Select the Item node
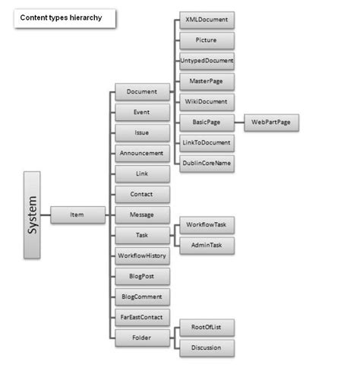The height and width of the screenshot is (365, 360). click(x=77, y=215)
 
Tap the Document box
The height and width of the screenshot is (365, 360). click(x=142, y=91)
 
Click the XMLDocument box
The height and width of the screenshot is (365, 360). click(x=207, y=17)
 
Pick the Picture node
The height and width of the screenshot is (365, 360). click(x=207, y=39)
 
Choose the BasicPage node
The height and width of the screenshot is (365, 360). click(x=207, y=121)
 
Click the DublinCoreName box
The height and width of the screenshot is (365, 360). click(x=207, y=162)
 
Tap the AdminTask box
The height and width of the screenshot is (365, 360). click(x=207, y=245)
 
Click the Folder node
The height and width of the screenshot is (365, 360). click(x=142, y=338)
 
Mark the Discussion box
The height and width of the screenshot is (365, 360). click(x=207, y=348)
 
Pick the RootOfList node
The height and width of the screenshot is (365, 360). click(x=207, y=328)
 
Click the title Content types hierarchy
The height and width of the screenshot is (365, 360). click(x=64, y=17)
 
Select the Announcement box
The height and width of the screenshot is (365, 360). click(x=142, y=153)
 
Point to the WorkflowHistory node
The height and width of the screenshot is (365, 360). click(x=142, y=255)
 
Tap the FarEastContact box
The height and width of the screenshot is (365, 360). click(x=142, y=317)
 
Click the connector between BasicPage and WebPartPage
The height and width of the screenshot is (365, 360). click(x=238, y=121)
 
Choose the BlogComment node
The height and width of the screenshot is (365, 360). click(x=142, y=297)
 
